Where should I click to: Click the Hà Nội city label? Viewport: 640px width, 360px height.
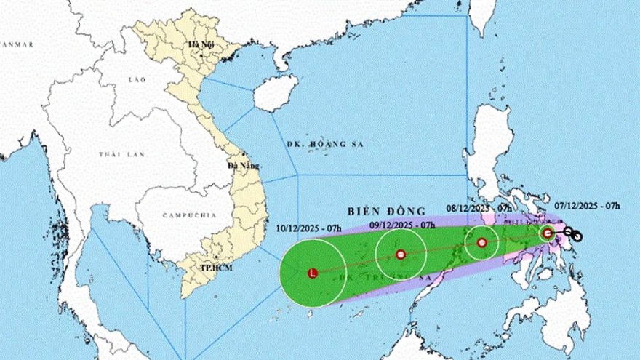tap(198, 45)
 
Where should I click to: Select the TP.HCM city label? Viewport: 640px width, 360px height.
tap(216, 268)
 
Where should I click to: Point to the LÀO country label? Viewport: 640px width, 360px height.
tap(136, 79)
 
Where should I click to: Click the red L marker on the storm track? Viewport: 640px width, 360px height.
tap(313, 273)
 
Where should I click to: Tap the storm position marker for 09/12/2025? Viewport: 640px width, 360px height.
tap(400, 255)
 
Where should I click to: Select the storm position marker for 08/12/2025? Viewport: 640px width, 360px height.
tap(481, 243)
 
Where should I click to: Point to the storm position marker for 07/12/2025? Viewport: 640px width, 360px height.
tap(548, 233)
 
